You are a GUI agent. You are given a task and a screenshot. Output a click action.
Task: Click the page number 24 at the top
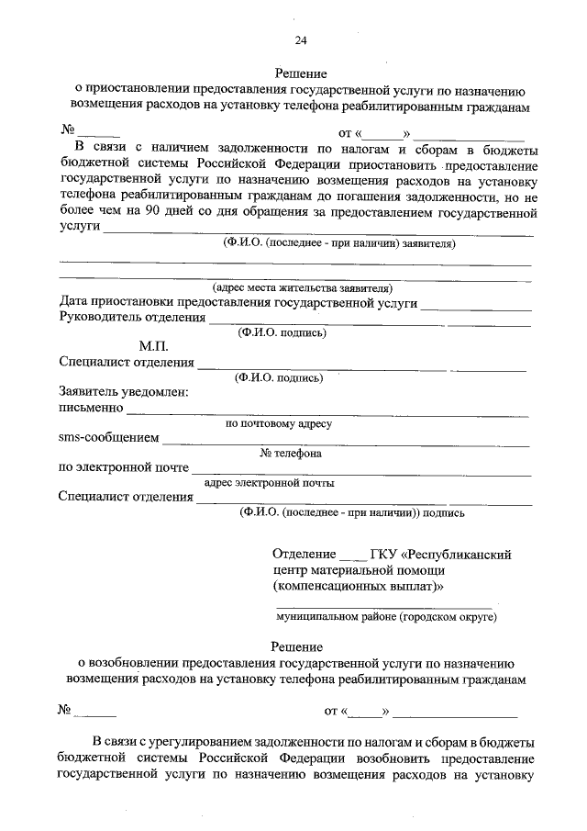coord(301,39)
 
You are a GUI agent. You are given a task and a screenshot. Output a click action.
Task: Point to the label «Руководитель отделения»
coord(131,318)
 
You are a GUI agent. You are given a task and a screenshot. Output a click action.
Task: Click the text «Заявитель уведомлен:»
coord(123,392)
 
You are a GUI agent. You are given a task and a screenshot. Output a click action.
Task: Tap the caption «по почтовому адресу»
coord(279,423)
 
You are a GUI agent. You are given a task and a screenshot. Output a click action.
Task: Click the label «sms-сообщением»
coord(108,437)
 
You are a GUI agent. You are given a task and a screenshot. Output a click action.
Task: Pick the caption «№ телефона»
coord(291,454)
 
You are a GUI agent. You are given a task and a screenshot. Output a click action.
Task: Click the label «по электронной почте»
coord(123,467)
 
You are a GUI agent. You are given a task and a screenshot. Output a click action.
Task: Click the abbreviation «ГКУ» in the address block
coord(382,554)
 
